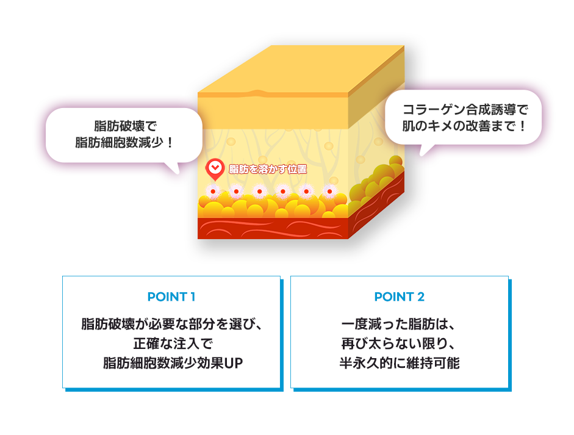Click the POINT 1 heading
tap(171, 297)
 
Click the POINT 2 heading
tap(400, 297)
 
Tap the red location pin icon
tap(215, 170)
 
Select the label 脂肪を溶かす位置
tap(268, 169)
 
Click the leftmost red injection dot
tap(213, 192)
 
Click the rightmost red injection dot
tap(329, 192)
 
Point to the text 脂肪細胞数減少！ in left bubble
tap(124, 142)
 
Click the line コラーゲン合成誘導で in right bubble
tap(465, 109)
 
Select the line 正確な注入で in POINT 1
tap(173, 343)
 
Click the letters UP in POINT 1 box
tap(234, 363)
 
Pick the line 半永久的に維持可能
tap(400, 363)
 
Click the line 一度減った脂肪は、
tap(400, 324)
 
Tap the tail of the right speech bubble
tap(426, 149)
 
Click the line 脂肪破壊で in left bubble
tap(125, 126)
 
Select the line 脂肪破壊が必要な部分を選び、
tap(171, 324)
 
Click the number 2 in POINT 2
tap(421, 297)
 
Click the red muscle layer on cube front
tap(273, 228)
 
